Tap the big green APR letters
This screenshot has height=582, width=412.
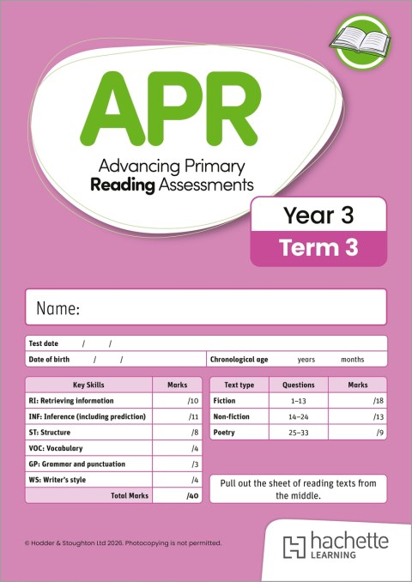(x=158, y=110)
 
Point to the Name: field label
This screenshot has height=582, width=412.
(x=58, y=308)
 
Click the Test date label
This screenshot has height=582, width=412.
(x=44, y=343)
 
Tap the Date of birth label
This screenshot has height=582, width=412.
(x=50, y=360)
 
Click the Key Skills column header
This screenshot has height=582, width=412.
(x=89, y=385)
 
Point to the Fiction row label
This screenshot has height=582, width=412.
(x=225, y=401)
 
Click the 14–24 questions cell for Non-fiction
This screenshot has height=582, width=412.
(x=299, y=416)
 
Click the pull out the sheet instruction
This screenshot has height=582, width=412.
(x=298, y=489)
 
